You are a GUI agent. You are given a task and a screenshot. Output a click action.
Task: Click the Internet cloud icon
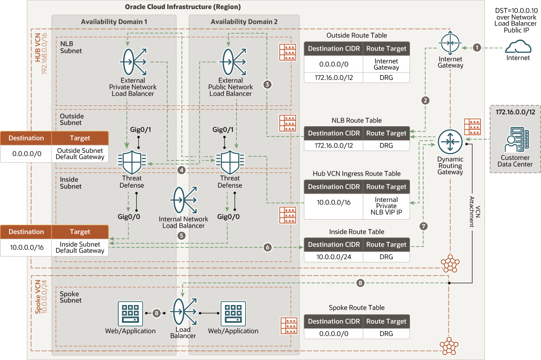[x=518, y=47]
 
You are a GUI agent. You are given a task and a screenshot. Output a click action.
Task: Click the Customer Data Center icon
[x=515, y=141]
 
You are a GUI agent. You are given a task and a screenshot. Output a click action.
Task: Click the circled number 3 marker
[x=268, y=85]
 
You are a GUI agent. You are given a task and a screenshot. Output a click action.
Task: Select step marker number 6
[x=268, y=247]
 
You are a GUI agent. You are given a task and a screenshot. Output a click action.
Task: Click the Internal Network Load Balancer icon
[x=183, y=201]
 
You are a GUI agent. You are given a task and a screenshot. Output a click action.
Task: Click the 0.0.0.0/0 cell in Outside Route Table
[x=334, y=64]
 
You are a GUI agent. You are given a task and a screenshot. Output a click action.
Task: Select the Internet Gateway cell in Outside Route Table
[x=386, y=64]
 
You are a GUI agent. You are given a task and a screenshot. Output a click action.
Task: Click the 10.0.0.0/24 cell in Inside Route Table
[x=334, y=256]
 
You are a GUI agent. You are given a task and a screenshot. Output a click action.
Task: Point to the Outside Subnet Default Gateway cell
[x=80, y=154]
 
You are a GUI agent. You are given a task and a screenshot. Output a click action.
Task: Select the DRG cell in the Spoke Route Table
[x=386, y=333]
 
